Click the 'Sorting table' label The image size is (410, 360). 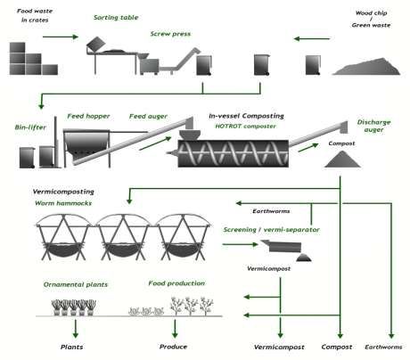click(116, 18)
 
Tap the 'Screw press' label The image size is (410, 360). click(170, 34)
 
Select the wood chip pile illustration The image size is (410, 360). click(366, 66)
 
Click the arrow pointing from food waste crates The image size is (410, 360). click(61, 37)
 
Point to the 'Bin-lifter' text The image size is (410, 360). click(30, 127)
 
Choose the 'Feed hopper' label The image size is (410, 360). click(88, 116)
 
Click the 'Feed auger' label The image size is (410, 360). click(148, 117)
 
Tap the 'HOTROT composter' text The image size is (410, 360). click(245, 127)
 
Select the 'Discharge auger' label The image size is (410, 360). click(373, 126)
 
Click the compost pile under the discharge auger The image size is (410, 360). click(342, 160)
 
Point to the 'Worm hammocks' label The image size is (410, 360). click(63, 203)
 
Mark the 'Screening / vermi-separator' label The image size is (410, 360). click(271, 230)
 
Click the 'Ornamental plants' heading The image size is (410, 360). click(76, 284)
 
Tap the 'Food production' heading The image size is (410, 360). click(176, 283)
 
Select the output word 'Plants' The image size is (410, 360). click(71, 347)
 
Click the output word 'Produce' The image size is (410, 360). click(173, 347)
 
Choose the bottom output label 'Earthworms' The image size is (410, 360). click(383, 347)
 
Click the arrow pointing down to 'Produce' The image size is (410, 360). click(175, 329)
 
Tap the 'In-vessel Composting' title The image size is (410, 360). click(246, 116)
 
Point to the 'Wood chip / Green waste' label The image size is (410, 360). click(371, 19)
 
